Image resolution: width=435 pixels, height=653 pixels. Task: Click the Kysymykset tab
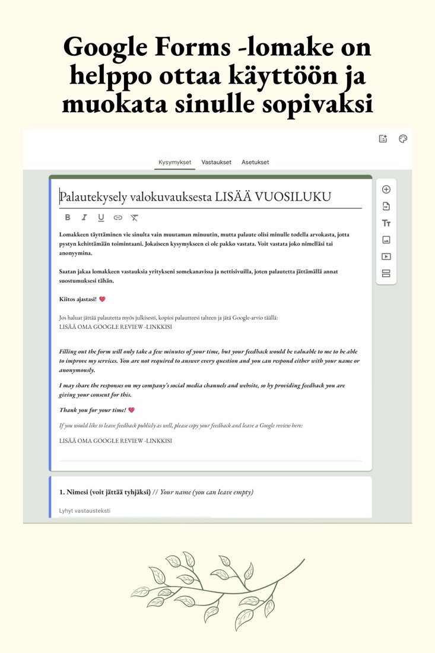tap(174, 162)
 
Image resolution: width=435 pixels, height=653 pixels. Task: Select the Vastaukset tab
tap(217, 162)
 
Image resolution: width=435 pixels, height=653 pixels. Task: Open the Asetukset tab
tap(255, 162)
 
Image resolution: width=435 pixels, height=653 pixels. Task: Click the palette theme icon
tap(403, 139)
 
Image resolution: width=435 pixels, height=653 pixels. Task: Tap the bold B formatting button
tap(68, 218)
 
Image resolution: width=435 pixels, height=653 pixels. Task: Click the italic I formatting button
tap(84, 218)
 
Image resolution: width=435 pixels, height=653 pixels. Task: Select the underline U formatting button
tap(101, 218)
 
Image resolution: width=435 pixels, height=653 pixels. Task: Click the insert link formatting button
tap(118, 218)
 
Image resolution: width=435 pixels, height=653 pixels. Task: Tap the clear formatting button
tap(135, 218)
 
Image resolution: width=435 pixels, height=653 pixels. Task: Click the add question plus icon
tap(386, 189)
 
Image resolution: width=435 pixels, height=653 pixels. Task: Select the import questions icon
tap(386, 206)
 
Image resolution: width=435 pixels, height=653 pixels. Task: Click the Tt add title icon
tap(386, 223)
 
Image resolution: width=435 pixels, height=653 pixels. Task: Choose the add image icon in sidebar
tap(386, 240)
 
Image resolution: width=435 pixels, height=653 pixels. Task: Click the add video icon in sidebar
tap(386, 256)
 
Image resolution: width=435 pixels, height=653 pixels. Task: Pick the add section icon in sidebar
tap(386, 273)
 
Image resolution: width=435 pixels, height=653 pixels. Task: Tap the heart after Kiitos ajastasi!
tap(102, 299)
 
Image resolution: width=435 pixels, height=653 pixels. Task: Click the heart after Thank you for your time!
tap(131, 410)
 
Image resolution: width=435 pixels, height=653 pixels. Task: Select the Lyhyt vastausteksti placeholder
tap(85, 511)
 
